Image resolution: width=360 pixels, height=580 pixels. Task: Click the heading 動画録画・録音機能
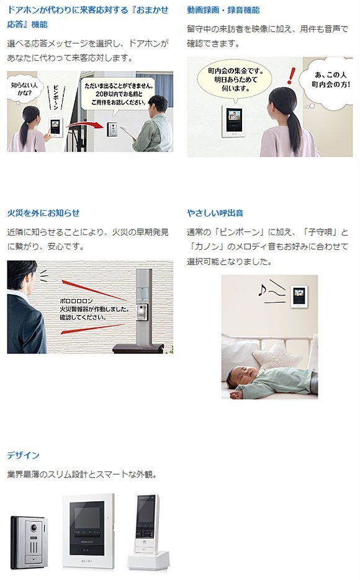pyautogui.click(x=223, y=11)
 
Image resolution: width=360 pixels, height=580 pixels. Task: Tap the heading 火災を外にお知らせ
pyautogui.click(x=43, y=213)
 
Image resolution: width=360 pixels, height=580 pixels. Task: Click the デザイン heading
pyautogui.click(x=23, y=455)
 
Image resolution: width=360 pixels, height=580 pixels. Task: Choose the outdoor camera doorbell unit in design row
pyautogui.click(x=29, y=542)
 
